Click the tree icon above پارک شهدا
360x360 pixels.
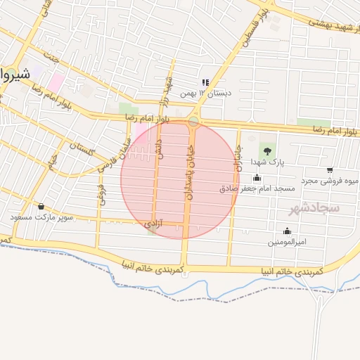click(266, 150)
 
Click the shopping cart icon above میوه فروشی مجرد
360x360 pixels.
click(330, 169)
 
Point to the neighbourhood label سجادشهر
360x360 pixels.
click(314, 208)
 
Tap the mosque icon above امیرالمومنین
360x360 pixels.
click(287, 231)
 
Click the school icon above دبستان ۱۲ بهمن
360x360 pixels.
click(205, 82)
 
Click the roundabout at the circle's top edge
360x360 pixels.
click(193, 121)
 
